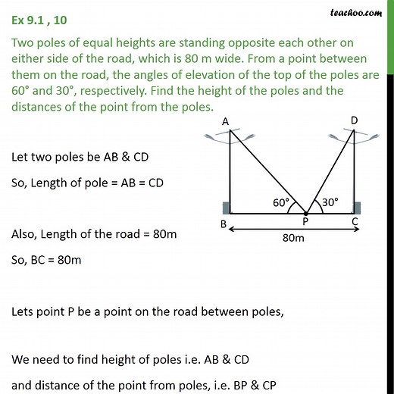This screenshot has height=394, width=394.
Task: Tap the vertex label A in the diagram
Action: pos(227,121)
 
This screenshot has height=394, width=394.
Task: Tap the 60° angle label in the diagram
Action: pos(282,202)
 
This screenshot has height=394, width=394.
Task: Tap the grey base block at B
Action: pos(225,208)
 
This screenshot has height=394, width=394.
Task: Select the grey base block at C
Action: pos(355,208)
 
